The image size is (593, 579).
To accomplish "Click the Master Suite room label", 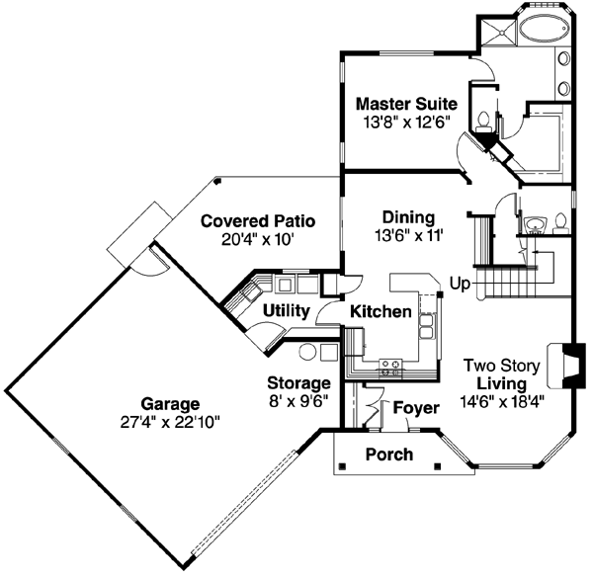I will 406,104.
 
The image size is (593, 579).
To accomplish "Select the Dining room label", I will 407,218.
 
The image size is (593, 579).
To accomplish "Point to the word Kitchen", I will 381,312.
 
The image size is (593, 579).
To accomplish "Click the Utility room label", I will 287,311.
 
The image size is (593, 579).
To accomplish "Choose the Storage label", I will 298,382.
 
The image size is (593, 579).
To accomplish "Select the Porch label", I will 389,455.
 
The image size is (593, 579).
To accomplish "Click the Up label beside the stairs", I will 460,283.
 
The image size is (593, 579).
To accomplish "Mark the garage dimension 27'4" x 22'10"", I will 168,422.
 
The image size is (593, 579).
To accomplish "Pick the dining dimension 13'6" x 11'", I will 407,236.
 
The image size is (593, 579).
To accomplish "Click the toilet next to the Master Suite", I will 483,122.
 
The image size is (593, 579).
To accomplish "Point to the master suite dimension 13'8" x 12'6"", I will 406,123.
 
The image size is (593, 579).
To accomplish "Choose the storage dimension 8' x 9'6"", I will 298,400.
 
